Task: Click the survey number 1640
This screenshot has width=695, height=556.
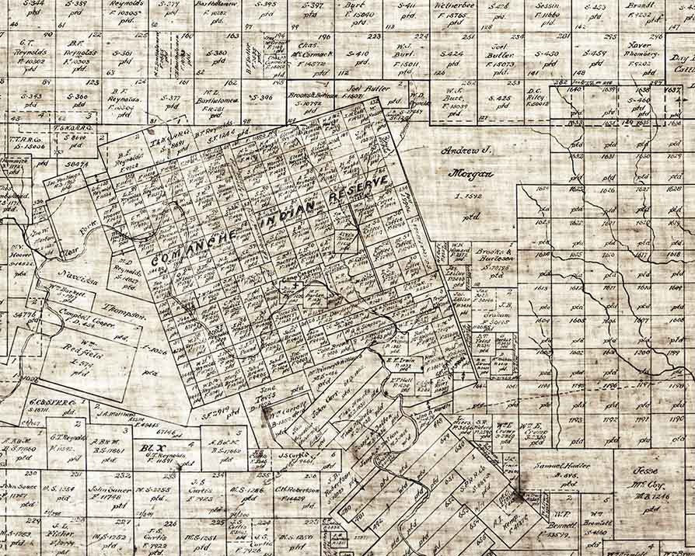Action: [x=575, y=90]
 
